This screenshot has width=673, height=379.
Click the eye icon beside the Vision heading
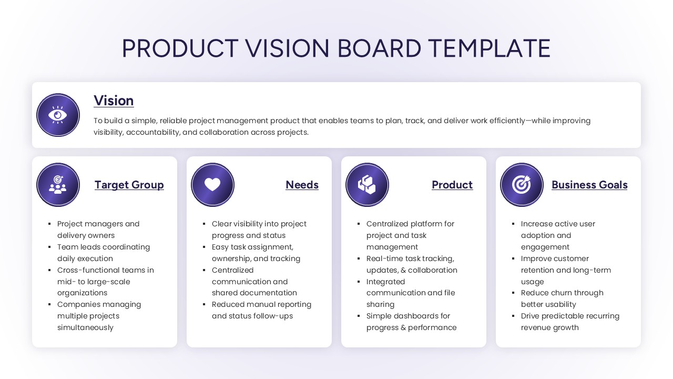pos(58,115)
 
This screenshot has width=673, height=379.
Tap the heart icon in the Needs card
pos(212,185)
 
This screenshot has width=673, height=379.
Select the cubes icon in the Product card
pos(367,185)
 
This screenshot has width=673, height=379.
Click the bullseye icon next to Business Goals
pos(522,185)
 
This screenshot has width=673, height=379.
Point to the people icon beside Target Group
pos(58,185)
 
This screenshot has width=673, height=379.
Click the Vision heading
pos(114,101)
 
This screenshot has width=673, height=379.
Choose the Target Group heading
pos(129,185)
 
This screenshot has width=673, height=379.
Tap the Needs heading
pos(302,185)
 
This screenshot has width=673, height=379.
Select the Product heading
pos(452,185)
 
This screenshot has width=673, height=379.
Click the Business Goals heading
pos(589,185)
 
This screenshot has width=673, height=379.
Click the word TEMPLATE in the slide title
pos(489,48)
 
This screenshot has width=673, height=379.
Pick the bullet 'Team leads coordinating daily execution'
pos(104,253)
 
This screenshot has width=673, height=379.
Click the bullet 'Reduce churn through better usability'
pos(562,298)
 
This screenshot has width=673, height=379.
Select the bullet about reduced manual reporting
pos(261,310)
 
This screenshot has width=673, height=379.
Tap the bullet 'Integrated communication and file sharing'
pos(411,293)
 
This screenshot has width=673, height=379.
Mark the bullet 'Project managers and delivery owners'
pos(98,230)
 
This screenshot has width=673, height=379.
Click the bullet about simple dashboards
pos(411,322)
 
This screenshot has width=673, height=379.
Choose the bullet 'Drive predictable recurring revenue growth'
pos(570,322)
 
